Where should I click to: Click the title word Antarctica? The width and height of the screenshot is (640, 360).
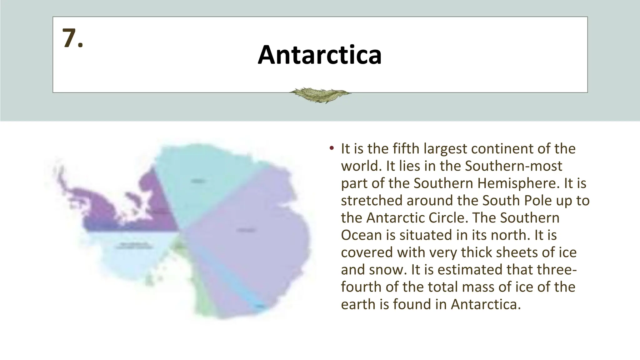click(x=319, y=55)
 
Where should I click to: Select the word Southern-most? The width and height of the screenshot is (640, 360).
click(x=513, y=166)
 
